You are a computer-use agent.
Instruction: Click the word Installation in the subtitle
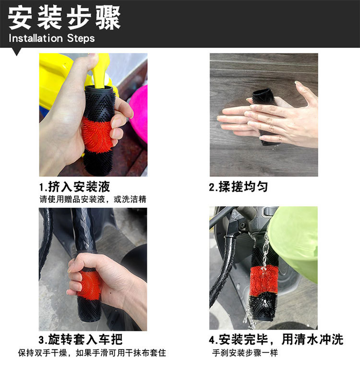point(36,38)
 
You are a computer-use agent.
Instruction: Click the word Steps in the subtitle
point(81,38)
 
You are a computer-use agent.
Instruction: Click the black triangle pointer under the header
point(17,51)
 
